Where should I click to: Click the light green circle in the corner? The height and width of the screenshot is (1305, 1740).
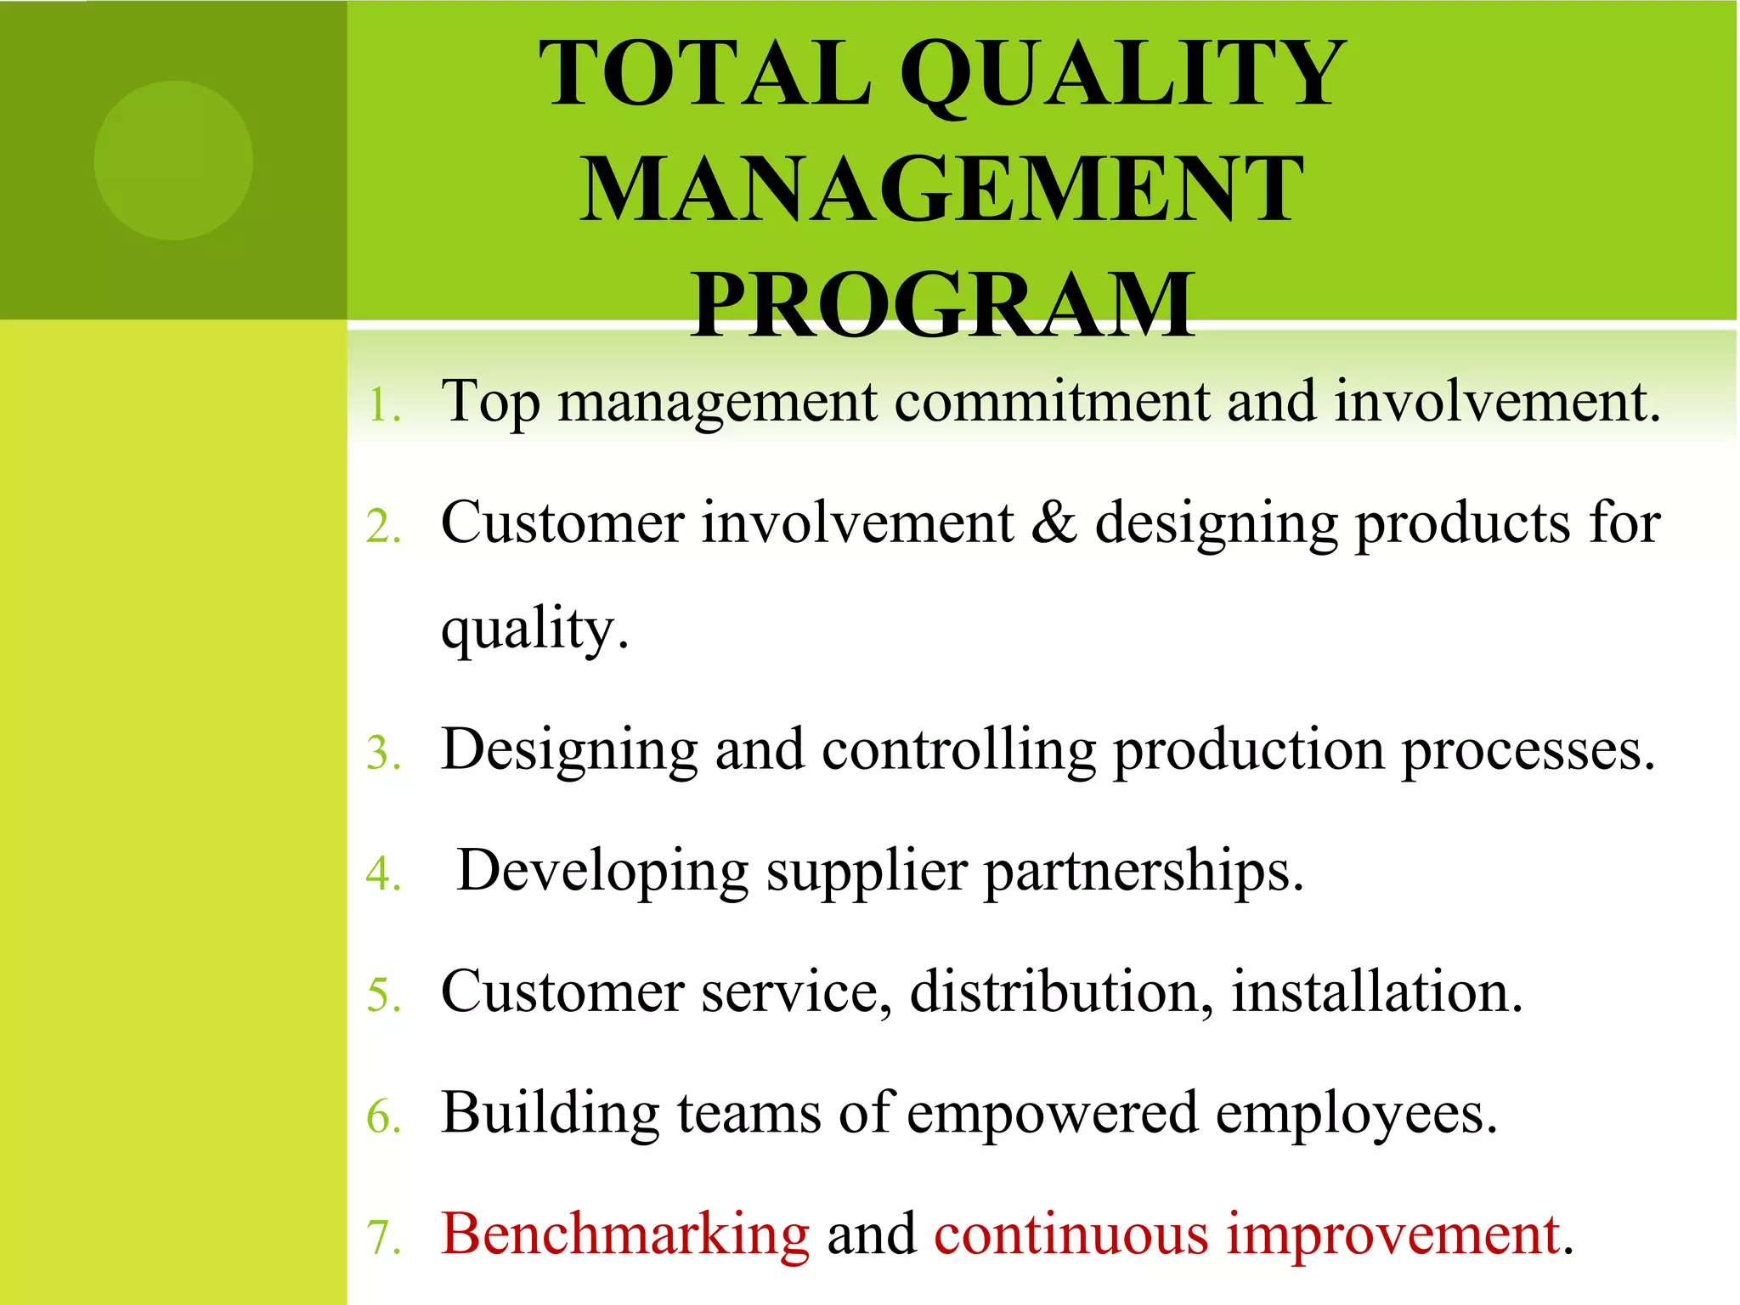pyautogui.click(x=173, y=160)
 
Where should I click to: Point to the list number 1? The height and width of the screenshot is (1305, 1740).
pyautogui.click(x=383, y=406)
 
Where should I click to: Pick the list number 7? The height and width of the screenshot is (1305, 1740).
pyautogui.click(x=383, y=1237)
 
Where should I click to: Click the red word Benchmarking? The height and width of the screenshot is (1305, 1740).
pyautogui.click(x=625, y=1234)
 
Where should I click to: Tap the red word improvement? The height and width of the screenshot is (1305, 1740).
pyautogui.click(x=1393, y=1234)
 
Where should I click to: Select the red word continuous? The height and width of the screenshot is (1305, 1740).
pyautogui.click(x=1071, y=1234)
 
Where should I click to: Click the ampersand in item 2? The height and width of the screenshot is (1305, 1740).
pyautogui.click(x=1054, y=523)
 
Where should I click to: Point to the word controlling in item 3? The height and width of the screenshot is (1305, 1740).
pyautogui.click(x=959, y=751)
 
